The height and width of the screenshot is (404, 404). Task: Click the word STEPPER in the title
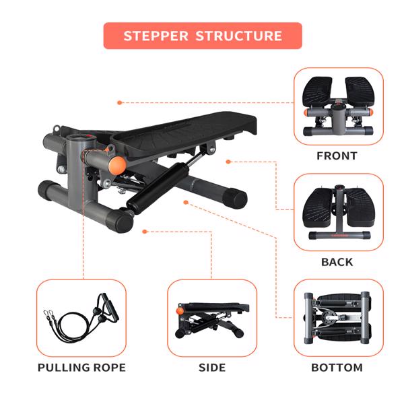click(156, 36)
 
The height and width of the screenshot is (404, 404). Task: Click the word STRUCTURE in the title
click(238, 36)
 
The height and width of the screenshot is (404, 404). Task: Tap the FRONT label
click(337, 156)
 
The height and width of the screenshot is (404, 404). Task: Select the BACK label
click(337, 262)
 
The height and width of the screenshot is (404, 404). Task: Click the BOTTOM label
click(337, 368)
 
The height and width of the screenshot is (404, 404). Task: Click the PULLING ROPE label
click(81, 368)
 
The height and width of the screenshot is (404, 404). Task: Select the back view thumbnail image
click(338, 212)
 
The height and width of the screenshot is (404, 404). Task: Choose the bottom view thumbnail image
click(338, 318)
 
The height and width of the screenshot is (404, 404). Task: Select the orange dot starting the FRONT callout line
click(119, 103)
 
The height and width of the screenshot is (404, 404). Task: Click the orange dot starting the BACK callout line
click(228, 162)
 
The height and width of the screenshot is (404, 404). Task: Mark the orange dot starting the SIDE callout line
click(145, 232)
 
